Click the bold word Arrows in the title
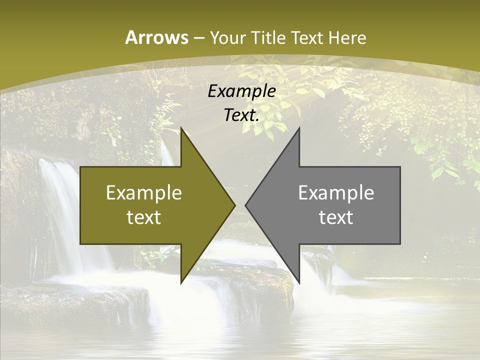(156, 37)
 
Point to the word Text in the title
(308, 38)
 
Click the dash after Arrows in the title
(198, 38)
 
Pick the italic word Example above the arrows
(241, 91)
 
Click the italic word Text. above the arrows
(241, 115)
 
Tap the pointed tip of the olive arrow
(234, 205)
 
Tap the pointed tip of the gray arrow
(246, 205)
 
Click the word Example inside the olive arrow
(144, 192)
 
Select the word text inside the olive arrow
(144, 217)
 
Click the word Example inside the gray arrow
(336, 192)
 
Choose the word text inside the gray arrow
(336, 217)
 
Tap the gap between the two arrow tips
(240, 205)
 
